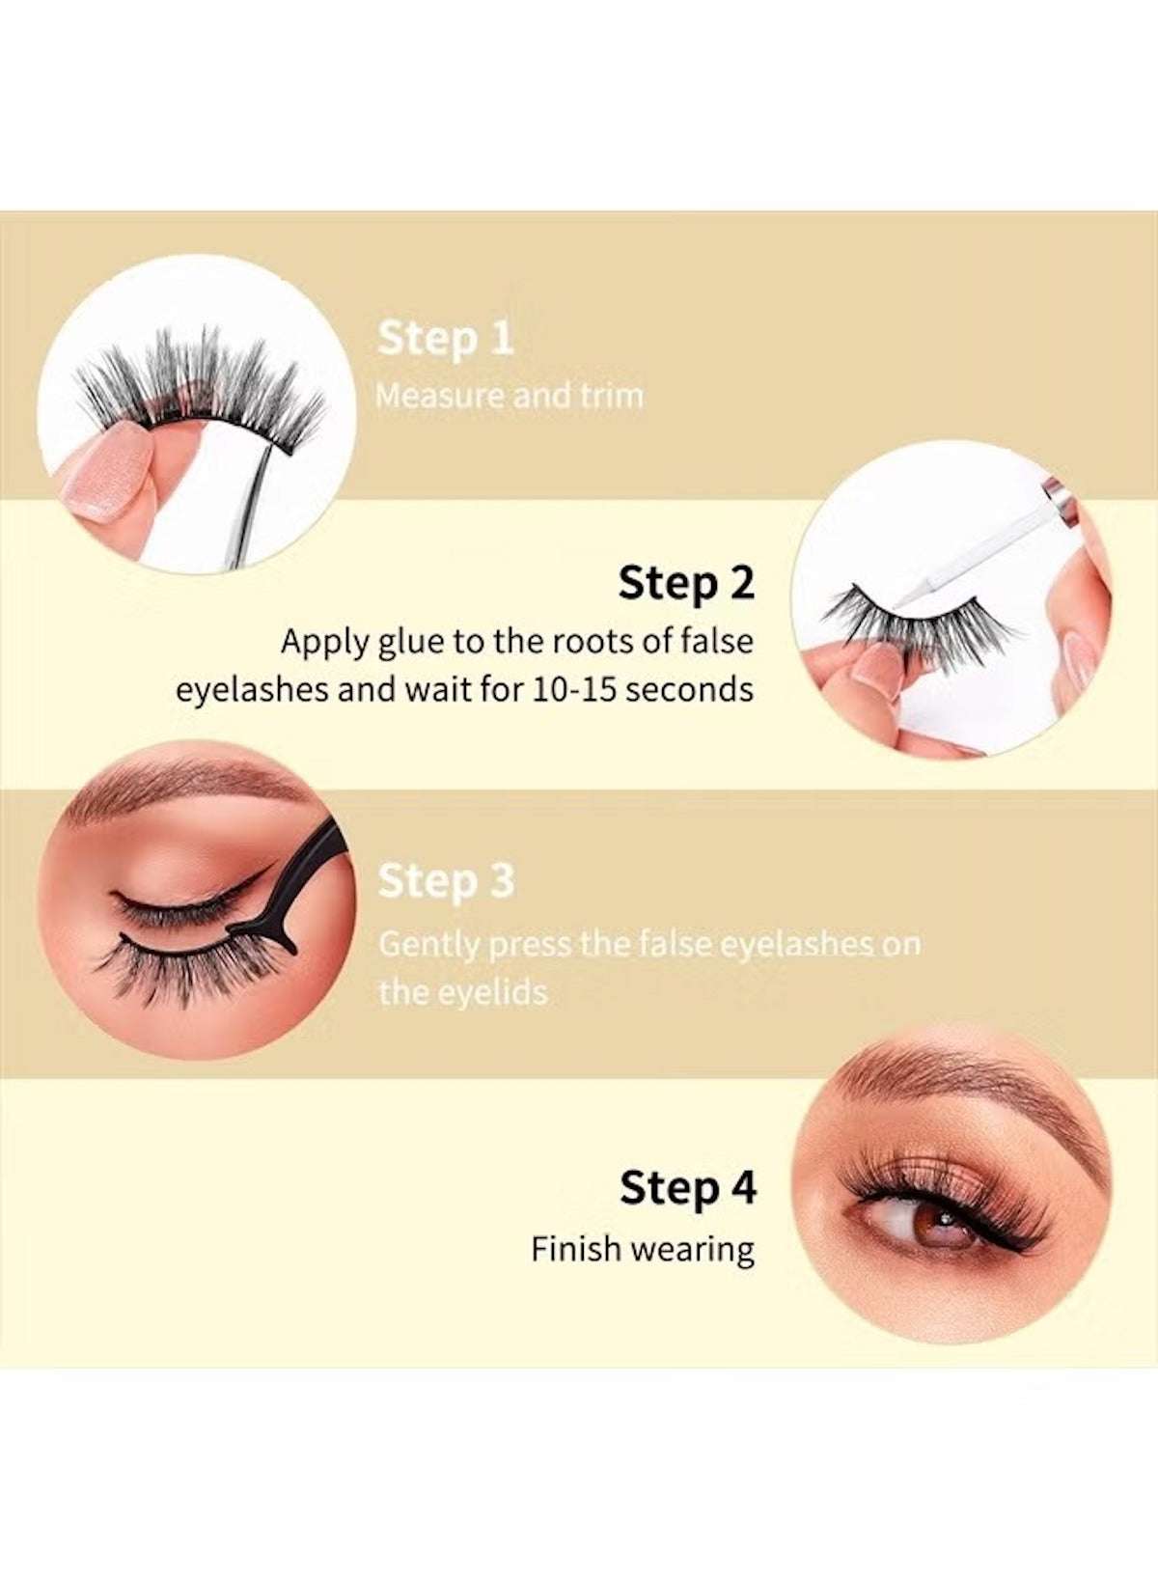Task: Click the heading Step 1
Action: point(445,340)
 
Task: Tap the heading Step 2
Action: point(686,584)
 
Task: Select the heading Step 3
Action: point(445,882)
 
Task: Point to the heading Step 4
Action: point(687,1188)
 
